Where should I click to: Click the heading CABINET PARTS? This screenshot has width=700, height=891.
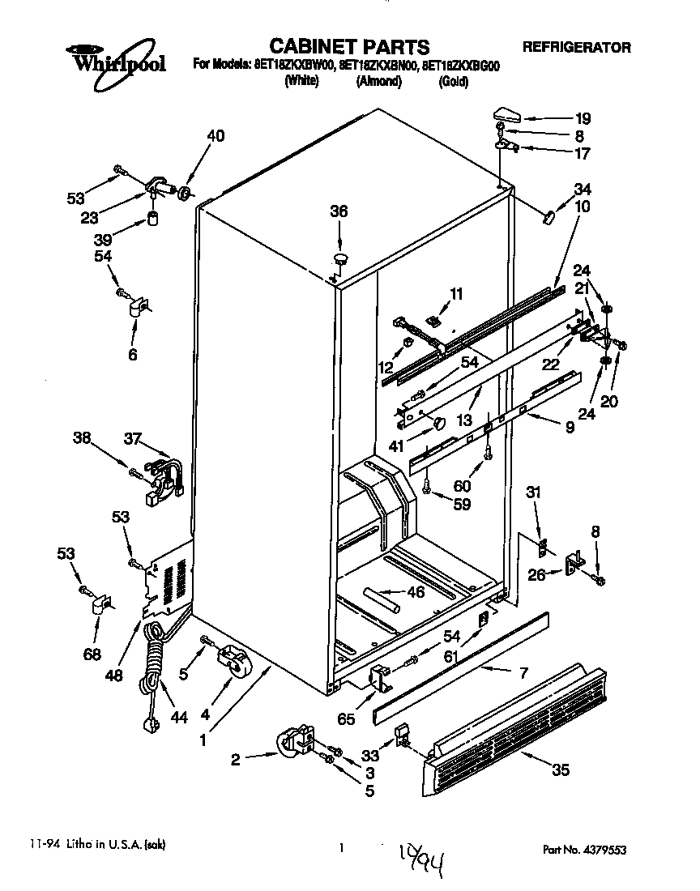coord(349,46)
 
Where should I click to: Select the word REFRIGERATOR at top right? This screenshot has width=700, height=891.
coord(576,48)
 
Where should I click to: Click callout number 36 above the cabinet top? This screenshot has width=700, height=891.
coord(338,211)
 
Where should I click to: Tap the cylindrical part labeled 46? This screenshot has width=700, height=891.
coord(380,600)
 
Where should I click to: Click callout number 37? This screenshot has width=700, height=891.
coord(132,438)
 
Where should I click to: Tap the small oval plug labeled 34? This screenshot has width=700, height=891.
coord(548,216)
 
